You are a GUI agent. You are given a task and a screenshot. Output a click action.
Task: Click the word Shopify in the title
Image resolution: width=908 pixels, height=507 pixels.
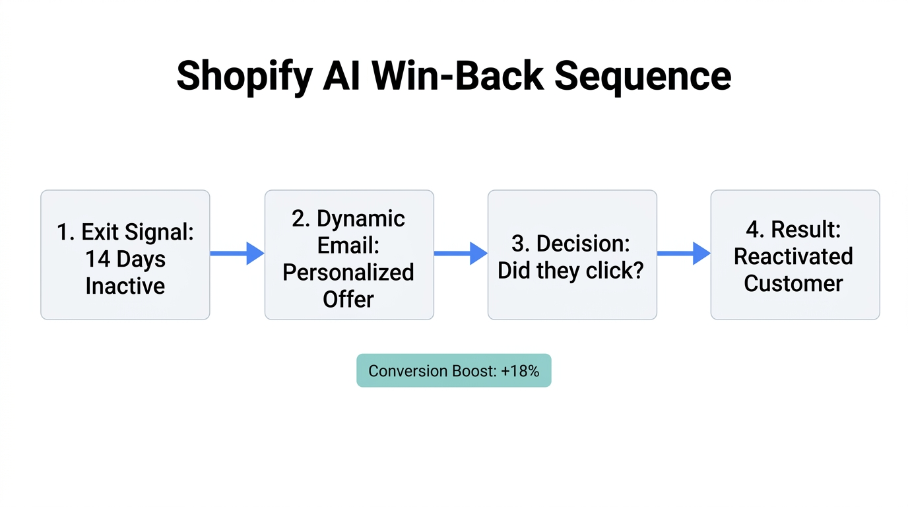coord(244,76)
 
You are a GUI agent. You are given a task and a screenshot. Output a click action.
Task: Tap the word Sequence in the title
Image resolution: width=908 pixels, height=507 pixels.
coord(643,76)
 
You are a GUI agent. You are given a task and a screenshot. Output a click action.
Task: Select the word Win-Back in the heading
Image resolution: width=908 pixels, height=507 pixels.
coord(457,76)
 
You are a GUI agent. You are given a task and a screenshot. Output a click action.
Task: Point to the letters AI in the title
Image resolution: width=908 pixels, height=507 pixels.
coord(341,76)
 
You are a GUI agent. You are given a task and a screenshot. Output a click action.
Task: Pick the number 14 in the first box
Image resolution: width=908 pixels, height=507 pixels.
coord(97,259)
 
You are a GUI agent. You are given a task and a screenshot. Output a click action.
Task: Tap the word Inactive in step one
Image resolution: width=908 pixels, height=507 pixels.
coord(125,286)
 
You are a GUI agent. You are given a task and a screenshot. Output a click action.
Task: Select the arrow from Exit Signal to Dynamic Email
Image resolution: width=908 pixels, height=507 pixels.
coord(236,253)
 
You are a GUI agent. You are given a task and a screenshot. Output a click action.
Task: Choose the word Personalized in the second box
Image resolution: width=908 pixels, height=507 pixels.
coord(348,272)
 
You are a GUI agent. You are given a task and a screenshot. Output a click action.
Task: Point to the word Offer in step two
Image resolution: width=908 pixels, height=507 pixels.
coord(348,299)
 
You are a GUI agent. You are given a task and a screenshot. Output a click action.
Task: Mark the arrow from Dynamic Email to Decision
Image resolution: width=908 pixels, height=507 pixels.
coord(460,253)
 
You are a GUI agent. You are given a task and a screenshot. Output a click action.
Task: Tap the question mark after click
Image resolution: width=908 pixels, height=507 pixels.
coord(637,271)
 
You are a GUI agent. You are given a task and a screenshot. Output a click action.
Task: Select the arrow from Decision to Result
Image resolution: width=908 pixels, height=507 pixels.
coord(683,253)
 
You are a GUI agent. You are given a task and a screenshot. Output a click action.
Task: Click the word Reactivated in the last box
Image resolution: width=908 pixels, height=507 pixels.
coord(793,256)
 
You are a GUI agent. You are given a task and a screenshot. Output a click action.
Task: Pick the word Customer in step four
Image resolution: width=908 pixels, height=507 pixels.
coord(793,283)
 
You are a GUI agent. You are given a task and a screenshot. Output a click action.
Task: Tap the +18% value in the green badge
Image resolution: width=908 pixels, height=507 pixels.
coord(520,371)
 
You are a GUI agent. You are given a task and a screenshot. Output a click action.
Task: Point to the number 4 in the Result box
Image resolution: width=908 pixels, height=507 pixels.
coord(752,230)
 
